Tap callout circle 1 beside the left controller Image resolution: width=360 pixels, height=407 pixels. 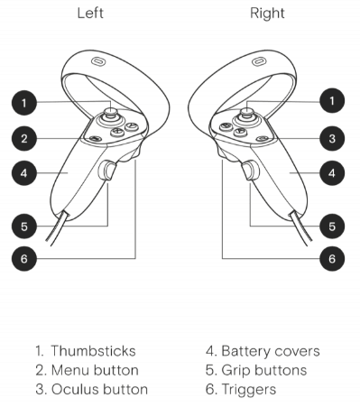point(30,102)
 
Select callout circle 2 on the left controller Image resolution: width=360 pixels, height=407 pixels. point(30,138)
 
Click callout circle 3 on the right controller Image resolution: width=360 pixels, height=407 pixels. point(330,138)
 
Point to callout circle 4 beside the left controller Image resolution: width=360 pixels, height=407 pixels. point(30,171)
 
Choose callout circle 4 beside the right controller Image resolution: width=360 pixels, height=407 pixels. point(330,171)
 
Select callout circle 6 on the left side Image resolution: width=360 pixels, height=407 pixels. point(30,258)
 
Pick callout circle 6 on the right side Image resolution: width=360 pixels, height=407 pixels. point(330,258)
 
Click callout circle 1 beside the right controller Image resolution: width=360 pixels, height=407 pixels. point(330,102)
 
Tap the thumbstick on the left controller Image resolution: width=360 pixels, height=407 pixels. point(112,115)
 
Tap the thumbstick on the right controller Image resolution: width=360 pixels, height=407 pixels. point(246,115)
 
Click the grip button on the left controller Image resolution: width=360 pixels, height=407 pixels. point(109,171)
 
